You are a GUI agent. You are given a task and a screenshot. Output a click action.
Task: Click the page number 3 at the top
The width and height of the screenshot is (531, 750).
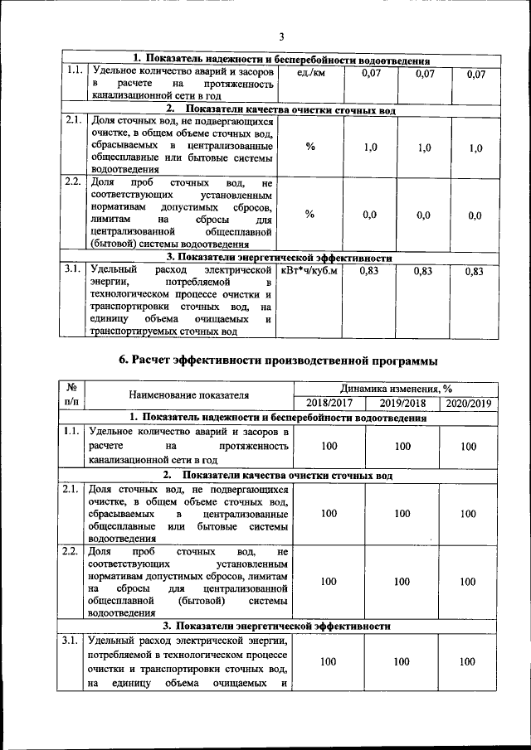281,36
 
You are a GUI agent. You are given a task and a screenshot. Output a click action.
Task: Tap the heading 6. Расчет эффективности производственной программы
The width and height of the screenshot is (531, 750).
280,360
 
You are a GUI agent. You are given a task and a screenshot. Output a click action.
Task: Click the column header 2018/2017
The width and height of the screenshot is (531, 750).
329,403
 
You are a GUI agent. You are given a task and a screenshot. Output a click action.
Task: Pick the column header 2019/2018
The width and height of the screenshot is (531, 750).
402,403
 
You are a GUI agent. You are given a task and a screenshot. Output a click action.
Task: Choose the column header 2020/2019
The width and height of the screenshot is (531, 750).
469,403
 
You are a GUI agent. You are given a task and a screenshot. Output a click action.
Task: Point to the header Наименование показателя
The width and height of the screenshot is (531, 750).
189,395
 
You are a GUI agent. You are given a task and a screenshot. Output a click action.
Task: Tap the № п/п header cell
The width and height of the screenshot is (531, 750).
71,395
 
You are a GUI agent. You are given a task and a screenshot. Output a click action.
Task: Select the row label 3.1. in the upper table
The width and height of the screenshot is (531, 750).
71,270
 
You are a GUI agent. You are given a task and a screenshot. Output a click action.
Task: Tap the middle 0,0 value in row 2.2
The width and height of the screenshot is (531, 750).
423,215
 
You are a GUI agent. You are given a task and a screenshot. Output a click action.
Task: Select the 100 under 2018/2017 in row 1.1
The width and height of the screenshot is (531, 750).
329,447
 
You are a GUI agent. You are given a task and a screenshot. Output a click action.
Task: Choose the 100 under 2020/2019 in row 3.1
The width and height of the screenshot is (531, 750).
469,661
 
